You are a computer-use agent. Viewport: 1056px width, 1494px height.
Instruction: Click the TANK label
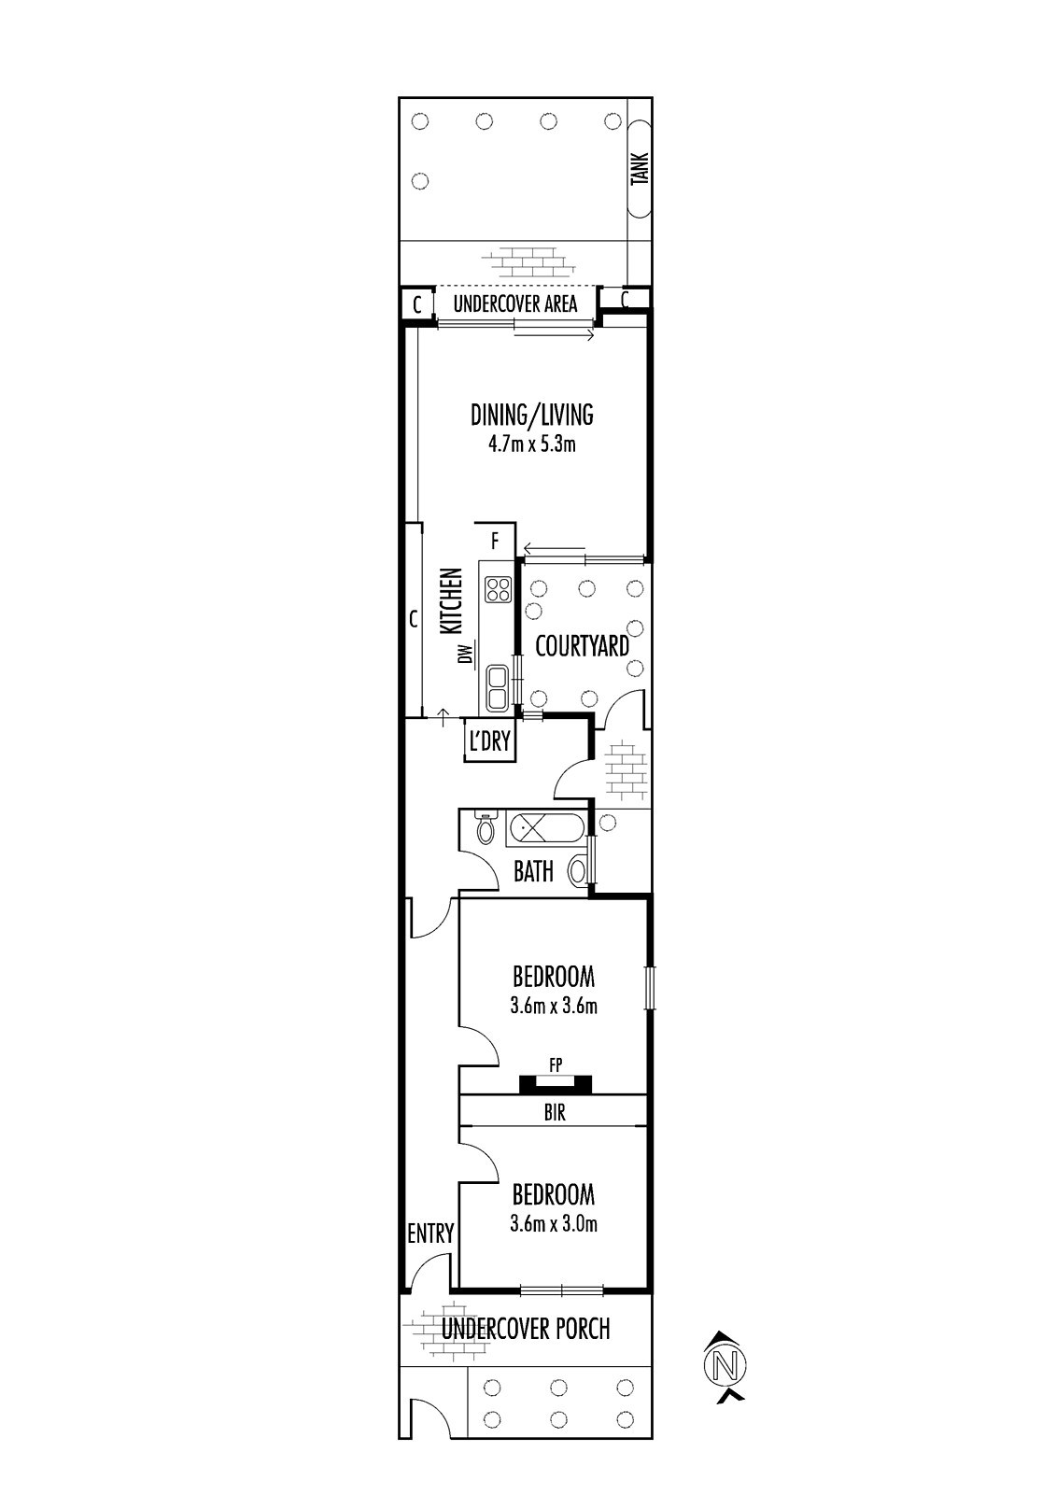click(640, 169)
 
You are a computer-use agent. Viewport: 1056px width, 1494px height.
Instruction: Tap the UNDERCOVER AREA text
click(515, 304)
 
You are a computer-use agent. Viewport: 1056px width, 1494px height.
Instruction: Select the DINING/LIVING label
click(531, 415)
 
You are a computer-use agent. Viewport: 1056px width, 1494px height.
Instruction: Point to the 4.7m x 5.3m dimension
click(531, 444)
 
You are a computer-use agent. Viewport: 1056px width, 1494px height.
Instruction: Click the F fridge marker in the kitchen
click(495, 541)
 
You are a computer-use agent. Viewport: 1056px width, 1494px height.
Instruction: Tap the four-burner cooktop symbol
click(499, 588)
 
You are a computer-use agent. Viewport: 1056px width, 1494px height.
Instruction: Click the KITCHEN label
click(453, 600)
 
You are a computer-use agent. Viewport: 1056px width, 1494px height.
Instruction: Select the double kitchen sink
click(497, 687)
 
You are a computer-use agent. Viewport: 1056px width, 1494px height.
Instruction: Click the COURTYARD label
click(583, 646)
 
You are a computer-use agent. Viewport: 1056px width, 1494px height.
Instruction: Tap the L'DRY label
click(489, 740)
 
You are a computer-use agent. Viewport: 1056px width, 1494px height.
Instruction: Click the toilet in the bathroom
click(485, 827)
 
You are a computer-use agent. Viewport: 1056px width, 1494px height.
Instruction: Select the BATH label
click(534, 871)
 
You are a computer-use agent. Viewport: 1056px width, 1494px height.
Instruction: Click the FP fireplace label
click(555, 1065)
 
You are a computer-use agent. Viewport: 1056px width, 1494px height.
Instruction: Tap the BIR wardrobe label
click(555, 1112)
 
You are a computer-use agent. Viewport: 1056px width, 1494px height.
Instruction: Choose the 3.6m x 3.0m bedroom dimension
click(554, 1224)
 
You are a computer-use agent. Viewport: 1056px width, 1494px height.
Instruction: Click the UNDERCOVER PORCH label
click(526, 1329)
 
